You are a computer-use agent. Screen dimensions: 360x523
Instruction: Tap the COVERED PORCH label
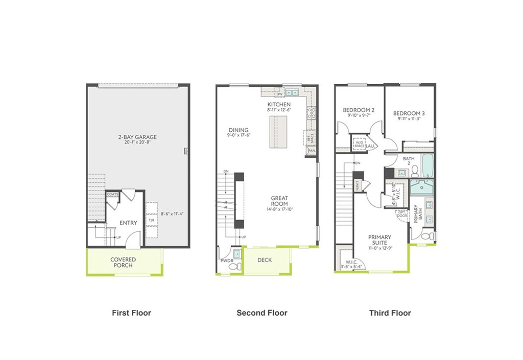point(123,262)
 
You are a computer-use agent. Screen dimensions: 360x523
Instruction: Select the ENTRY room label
point(128,223)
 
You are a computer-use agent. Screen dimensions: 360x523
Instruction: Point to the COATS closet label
point(113,195)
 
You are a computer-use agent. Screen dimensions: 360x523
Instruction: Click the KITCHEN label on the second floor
point(278,104)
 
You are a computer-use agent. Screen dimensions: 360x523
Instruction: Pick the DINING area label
point(238,130)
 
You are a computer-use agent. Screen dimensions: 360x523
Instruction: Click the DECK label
point(265,260)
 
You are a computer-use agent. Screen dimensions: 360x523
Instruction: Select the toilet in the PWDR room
point(233,266)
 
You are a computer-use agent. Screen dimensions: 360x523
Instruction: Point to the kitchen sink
point(292,93)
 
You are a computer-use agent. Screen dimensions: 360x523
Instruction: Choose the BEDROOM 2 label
point(359,110)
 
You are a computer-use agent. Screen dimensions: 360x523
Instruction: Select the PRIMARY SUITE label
point(380,239)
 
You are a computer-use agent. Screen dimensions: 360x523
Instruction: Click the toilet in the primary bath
point(429,235)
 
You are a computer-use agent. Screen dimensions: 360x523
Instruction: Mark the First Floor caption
point(131,313)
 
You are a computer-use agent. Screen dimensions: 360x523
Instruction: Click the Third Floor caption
point(390,313)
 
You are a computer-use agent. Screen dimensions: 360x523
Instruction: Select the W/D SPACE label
point(360,144)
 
